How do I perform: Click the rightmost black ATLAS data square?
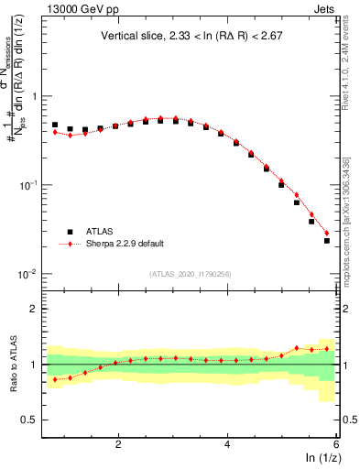[327, 241]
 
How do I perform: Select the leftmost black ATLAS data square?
[55, 125]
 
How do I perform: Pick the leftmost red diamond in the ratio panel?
[55, 379]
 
